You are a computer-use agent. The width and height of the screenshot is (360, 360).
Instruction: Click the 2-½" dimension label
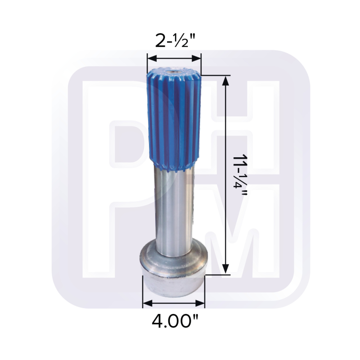pyautogui.click(x=175, y=41)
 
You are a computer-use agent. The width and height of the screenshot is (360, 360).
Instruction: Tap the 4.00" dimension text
pyautogui.click(x=175, y=321)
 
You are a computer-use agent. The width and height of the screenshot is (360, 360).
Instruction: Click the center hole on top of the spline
pyautogui.click(x=173, y=73)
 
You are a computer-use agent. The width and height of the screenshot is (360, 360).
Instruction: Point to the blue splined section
pyautogui.click(x=174, y=120)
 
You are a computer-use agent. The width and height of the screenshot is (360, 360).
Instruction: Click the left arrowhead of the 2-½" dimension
pyautogui.click(x=152, y=59)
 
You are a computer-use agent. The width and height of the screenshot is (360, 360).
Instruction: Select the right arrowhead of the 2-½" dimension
pyautogui.click(x=196, y=59)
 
